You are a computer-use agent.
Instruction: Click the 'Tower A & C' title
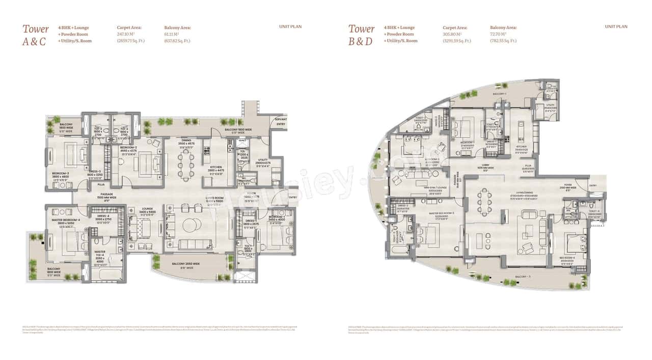click(x=35, y=35)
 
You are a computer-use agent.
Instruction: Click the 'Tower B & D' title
click(x=361, y=35)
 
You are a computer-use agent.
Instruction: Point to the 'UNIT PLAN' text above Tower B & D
click(x=616, y=26)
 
